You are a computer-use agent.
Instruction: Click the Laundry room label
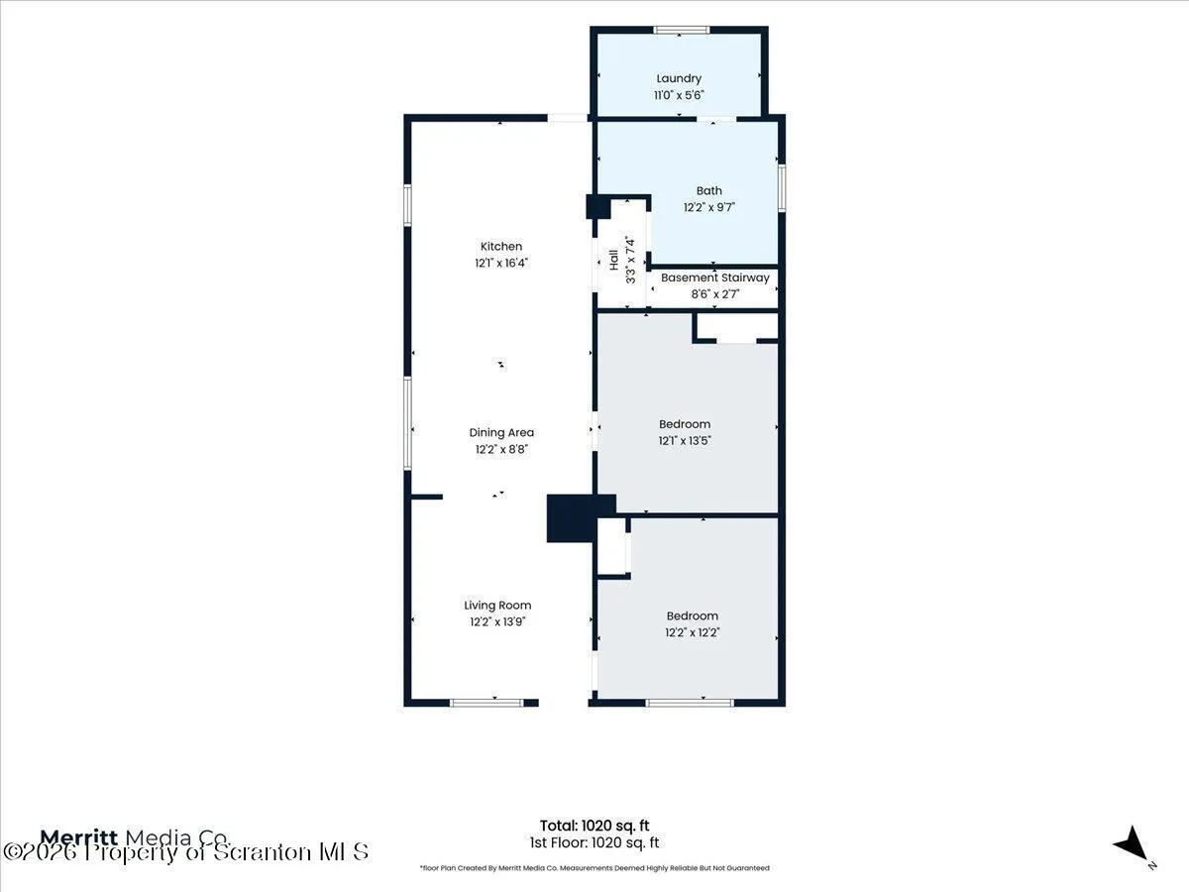(x=679, y=79)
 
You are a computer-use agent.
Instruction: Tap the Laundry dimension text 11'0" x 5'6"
(x=679, y=95)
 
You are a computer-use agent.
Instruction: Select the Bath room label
(x=709, y=190)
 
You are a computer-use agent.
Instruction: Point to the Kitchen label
(x=501, y=247)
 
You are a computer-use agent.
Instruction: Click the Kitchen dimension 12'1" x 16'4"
(x=501, y=264)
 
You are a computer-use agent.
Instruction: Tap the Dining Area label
(x=501, y=433)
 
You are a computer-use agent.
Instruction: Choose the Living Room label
(x=497, y=606)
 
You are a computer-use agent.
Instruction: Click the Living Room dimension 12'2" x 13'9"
(x=497, y=621)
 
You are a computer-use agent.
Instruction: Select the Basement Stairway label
(x=715, y=278)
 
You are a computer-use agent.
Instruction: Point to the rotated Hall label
(x=613, y=260)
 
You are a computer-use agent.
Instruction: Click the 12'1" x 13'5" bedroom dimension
(x=685, y=441)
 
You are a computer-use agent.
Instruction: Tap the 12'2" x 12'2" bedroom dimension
(x=693, y=632)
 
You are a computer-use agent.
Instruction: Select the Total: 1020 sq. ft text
(x=594, y=826)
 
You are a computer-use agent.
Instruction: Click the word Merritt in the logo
(x=79, y=837)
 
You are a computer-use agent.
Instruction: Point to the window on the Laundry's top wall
(x=682, y=30)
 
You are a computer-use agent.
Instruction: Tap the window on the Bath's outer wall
(x=782, y=188)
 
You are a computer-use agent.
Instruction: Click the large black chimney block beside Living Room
(x=572, y=518)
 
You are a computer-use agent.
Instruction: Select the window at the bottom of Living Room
(x=486, y=703)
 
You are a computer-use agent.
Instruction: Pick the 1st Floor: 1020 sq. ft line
(x=594, y=842)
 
